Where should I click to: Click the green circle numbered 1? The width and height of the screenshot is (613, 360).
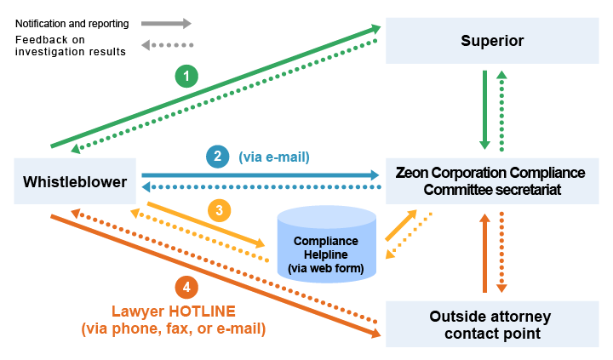pos(186,77)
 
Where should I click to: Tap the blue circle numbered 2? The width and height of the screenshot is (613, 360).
pos(217,157)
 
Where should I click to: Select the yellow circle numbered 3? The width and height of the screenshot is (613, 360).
pos(219,210)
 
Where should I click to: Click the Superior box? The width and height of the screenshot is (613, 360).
pos(491,41)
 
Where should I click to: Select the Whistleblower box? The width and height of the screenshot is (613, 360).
pos(75,180)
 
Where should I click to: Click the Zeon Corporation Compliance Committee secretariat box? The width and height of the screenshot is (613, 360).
pos(491,180)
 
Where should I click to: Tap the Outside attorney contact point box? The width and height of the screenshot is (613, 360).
pos(491,324)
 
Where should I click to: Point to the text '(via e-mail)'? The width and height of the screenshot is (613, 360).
pos(273,157)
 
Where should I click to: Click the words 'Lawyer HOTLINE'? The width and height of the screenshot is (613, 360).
pos(173,311)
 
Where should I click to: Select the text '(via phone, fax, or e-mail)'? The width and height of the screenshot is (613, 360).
pos(173,329)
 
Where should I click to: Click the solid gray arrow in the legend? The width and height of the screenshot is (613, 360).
pos(166,24)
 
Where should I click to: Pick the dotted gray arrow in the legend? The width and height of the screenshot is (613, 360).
pos(166,44)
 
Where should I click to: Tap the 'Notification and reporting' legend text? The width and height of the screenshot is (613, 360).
pos(72,24)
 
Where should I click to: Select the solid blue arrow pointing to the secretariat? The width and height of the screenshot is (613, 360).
pos(260,175)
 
